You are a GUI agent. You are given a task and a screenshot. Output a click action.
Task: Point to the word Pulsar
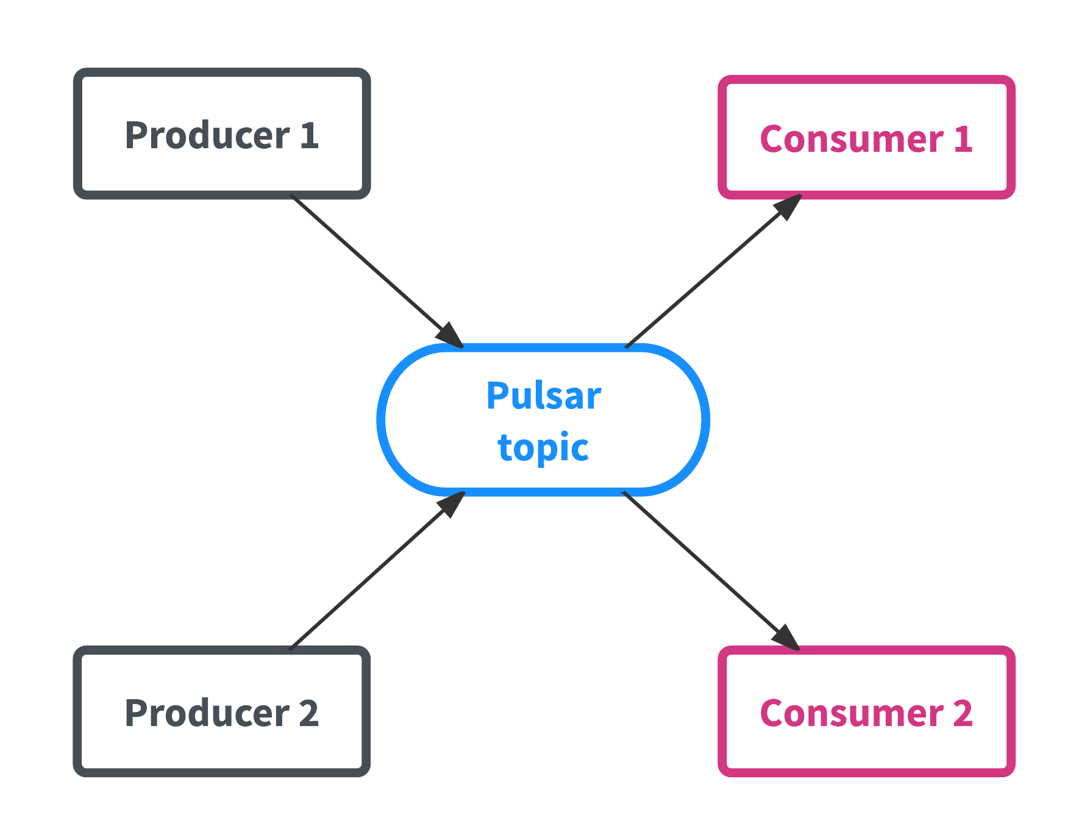pos(543,396)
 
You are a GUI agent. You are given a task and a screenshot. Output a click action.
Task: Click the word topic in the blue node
pos(543,447)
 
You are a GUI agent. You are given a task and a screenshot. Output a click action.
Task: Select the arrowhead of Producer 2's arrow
pos(451,504)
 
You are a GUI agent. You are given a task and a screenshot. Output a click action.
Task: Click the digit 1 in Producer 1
pos(310,135)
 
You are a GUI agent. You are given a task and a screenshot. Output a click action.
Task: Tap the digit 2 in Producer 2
pos(309,713)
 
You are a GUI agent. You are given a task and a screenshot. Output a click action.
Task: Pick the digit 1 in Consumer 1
pos(963,139)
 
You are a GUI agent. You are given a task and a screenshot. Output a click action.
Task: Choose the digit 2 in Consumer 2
pos(963,713)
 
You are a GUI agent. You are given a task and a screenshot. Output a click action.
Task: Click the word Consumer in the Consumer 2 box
pos(852,713)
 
